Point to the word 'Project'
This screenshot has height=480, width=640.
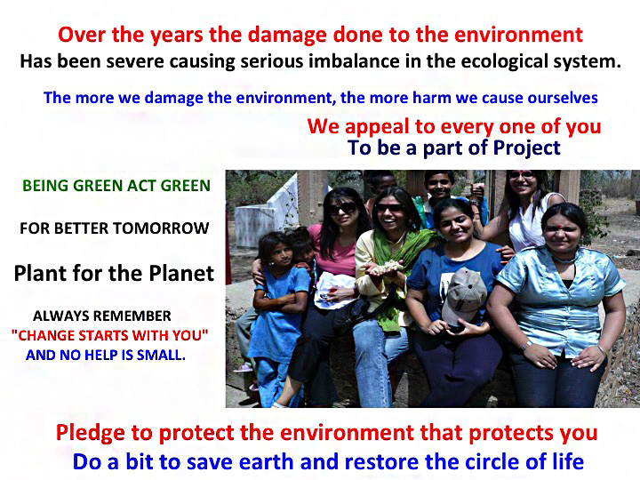pyautogui.click(x=526, y=148)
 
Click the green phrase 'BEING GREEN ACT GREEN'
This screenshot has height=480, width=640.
pyautogui.click(x=116, y=186)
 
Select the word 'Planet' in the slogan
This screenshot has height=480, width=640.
pyautogui.click(x=181, y=273)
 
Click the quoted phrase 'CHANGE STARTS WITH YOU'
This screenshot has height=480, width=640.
pyautogui.click(x=110, y=335)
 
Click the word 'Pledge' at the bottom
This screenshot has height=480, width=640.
pyautogui.click(x=90, y=433)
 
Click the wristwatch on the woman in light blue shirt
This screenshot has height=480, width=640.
pyautogui.click(x=526, y=345)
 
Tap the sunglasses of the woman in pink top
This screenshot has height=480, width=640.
pyautogui.click(x=342, y=209)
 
